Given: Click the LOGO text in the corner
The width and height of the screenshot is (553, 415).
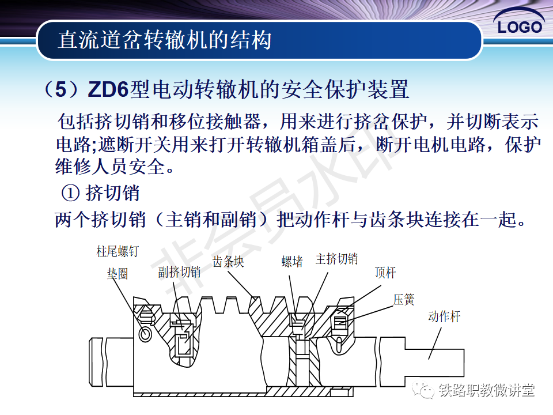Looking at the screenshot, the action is tap(520, 27).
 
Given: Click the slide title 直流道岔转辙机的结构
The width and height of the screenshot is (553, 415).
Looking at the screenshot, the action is tap(165, 40).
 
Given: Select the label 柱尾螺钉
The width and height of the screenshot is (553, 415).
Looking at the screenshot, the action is tap(118, 251).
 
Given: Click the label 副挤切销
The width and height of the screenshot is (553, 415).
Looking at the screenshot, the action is tap(179, 272).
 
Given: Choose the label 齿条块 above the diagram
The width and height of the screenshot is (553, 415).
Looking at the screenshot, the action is tap(228, 262).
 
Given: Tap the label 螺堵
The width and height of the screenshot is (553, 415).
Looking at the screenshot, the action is tap(292, 262).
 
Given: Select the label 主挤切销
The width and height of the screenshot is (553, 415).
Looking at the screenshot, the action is tap(336, 259).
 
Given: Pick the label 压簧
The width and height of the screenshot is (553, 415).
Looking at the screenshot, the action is tap(404, 300).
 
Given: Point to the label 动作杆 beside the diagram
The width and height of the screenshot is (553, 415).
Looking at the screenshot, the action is tap(444, 316).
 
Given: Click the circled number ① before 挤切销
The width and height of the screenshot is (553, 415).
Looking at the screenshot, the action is tap(70, 193).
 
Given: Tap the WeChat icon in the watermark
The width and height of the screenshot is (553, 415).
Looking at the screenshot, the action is tap(426, 391).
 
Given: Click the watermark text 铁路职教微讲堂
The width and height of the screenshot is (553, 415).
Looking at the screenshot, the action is tap(486, 391).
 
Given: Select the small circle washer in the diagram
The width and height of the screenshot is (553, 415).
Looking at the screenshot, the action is tap(146, 334).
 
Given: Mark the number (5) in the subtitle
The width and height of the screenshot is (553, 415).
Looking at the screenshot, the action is tap(63, 90).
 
